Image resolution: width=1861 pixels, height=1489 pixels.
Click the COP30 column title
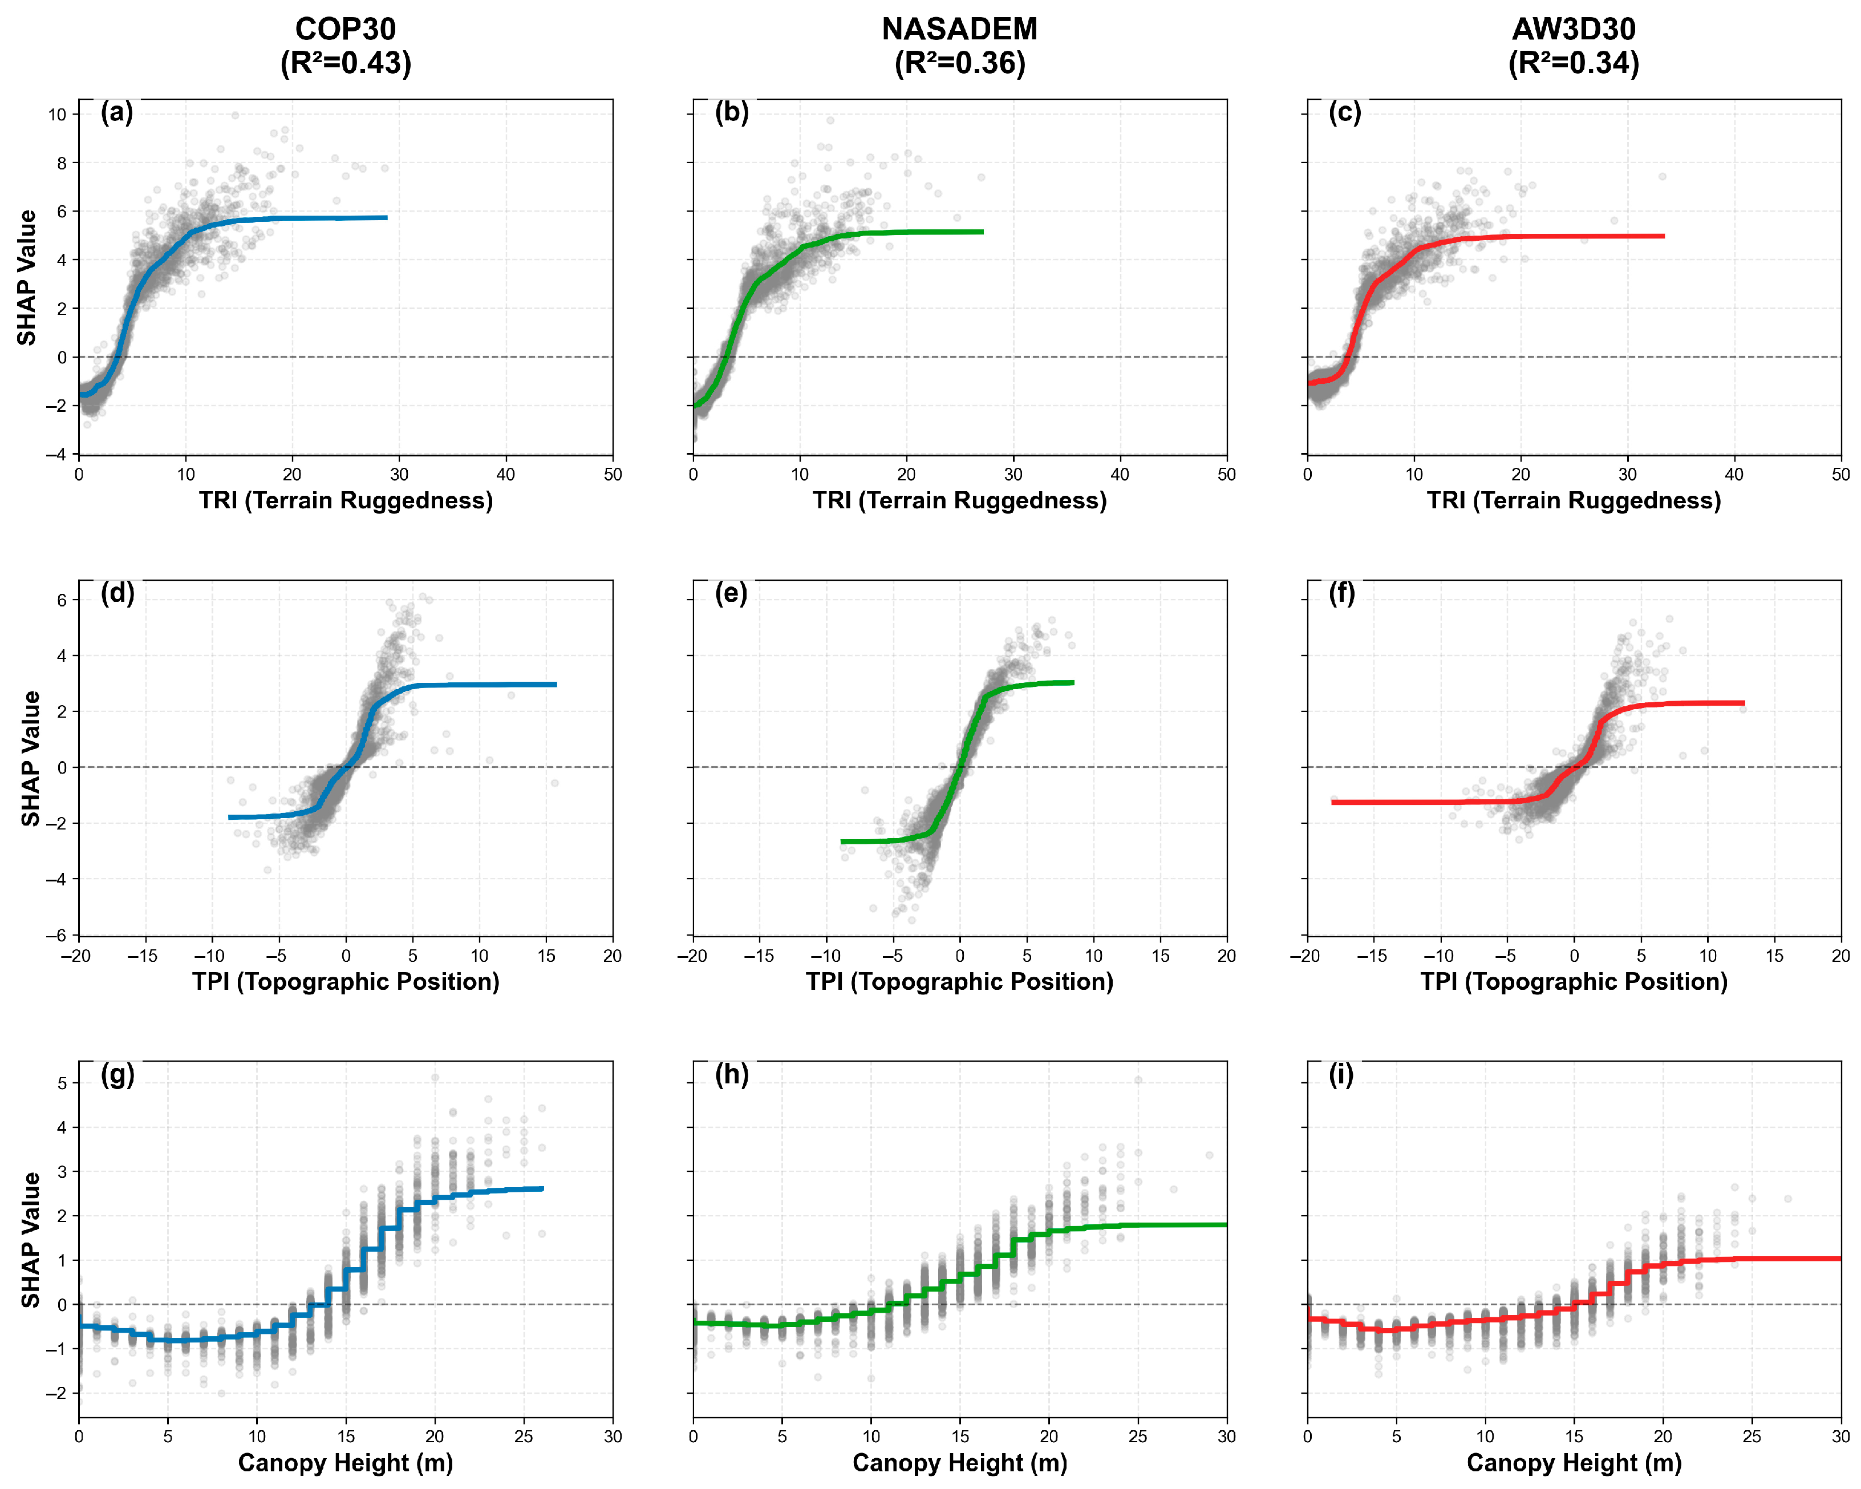click(x=345, y=29)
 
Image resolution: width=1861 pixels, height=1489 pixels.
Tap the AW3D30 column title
click(x=1574, y=29)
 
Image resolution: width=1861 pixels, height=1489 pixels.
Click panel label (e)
click(x=731, y=594)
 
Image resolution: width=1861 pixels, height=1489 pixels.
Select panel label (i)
click(x=1340, y=1075)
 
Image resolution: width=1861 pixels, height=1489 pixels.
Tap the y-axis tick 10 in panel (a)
click(x=57, y=115)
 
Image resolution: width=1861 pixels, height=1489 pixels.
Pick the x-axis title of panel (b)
click(x=959, y=501)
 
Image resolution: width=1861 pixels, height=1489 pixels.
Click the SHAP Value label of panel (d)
click(x=30, y=759)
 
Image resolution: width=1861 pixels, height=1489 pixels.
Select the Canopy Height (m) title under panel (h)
click(x=959, y=1463)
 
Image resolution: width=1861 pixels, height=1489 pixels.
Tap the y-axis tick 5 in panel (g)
click(x=62, y=1083)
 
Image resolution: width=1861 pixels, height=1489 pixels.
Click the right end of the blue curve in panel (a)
click(x=387, y=217)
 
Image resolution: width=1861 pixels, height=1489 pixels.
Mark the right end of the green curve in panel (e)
click(x=1073, y=683)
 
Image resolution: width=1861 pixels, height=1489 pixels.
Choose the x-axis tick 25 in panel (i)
click(x=1751, y=1437)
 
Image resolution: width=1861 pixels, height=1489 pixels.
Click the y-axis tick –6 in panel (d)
click(x=57, y=936)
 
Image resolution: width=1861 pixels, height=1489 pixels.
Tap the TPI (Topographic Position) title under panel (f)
click(x=1574, y=982)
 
